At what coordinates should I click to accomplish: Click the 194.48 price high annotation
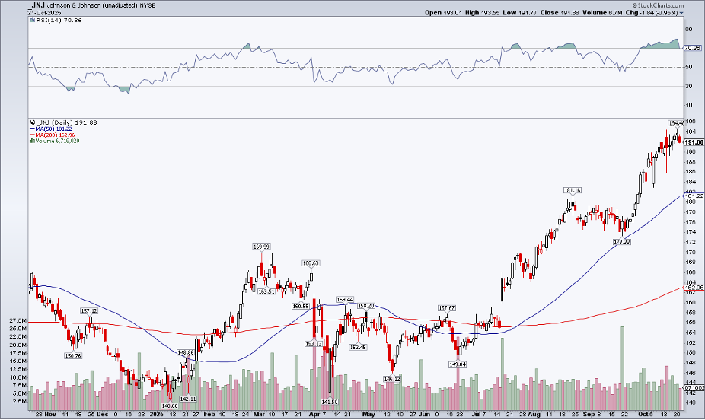tap(676, 123)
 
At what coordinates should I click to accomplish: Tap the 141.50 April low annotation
tap(329, 402)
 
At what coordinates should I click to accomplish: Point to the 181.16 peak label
tap(573, 189)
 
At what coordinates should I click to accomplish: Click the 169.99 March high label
tap(262, 247)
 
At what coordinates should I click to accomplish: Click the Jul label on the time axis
tap(477, 415)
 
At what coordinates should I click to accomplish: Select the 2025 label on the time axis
tap(157, 415)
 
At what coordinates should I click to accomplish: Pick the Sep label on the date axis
tap(589, 415)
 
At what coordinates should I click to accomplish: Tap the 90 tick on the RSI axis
tap(688, 30)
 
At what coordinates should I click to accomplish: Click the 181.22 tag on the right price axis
tap(693, 196)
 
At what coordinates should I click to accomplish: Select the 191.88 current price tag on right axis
tap(693, 142)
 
